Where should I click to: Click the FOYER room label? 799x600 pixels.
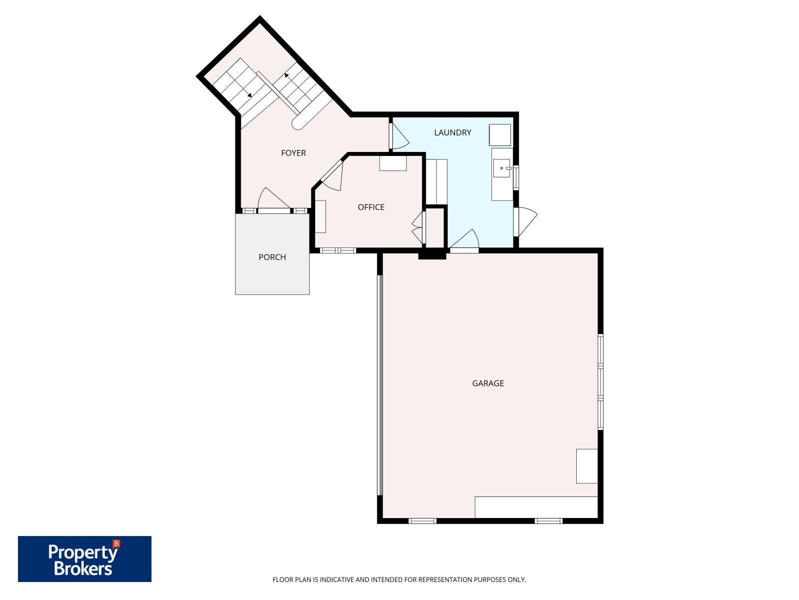coord(293,153)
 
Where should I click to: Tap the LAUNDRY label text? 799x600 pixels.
coord(452,132)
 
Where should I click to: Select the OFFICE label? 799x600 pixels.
coord(371,207)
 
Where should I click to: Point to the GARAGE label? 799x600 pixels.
coord(488,383)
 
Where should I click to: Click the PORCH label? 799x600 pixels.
coord(272,257)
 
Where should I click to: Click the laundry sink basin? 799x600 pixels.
coord(502,168)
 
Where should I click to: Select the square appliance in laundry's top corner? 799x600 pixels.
coord(500,135)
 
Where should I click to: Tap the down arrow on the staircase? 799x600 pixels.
coord(249,94)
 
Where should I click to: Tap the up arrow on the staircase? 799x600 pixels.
coord(287,75)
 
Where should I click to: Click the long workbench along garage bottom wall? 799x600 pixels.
coord(536,507)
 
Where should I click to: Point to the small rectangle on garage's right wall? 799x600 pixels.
coord(587,466)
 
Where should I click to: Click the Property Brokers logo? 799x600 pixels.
coord(84,558)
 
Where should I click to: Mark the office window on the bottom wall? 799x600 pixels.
coord(338,250)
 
